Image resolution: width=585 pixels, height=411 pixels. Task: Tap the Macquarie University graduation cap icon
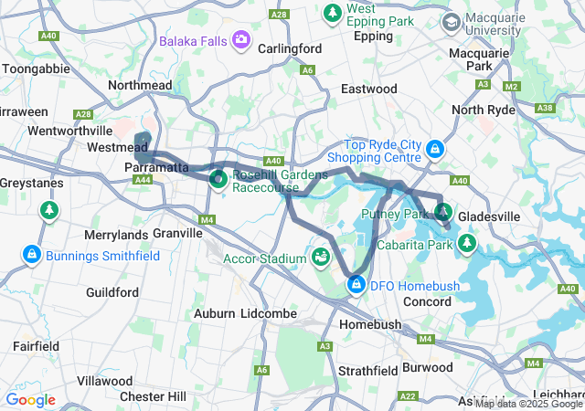coord(452,20)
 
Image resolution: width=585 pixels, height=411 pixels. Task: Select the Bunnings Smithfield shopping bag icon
coord(32,252)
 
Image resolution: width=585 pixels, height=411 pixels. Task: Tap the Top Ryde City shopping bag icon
coord(436,147)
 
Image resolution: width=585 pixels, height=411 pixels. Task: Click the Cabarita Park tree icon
coord(467,243)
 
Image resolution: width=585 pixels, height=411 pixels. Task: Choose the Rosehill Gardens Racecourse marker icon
coord(219,178)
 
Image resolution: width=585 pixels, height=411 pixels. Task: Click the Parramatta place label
coord(156,168)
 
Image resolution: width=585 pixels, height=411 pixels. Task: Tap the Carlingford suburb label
coord(289,48)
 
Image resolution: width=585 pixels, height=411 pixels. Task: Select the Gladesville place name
coord(488,216)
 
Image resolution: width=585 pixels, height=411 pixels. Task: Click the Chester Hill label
coord(153,396)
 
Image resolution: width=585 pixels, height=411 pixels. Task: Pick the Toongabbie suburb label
coord(35,68)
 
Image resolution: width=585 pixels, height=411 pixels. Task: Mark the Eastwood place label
coord(368,89)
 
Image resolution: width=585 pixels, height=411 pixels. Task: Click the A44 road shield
coord(143,181)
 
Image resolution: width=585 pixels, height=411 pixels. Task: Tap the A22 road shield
coord(409,395)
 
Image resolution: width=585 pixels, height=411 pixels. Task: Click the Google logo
coord(30,399)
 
